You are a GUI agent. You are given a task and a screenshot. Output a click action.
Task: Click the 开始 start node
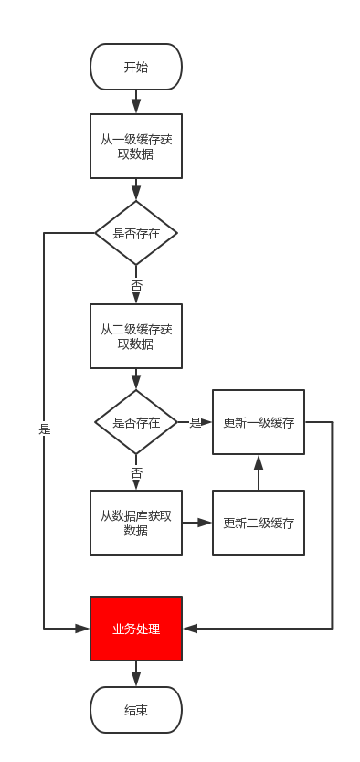(x=136, y=67)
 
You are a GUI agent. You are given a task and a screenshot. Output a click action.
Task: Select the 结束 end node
(x=136, y=710)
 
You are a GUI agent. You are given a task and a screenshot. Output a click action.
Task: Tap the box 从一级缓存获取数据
(x=136, y=146)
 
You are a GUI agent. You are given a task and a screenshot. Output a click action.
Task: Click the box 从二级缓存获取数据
(x=136, y=336)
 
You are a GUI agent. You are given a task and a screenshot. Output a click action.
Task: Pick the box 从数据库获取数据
(x=136, y=523)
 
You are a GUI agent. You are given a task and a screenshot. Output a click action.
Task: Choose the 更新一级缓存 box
(x=259, y=422)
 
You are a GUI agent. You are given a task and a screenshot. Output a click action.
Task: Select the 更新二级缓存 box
(x=259, y=523)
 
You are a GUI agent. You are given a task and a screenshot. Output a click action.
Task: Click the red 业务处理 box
(x=136, y=629)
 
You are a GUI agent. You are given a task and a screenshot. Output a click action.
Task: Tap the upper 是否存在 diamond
(x=136, y=233)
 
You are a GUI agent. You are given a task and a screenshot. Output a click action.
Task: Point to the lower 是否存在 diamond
(x=136, y=422)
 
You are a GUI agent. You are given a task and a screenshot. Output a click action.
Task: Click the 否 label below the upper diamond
(x=136, y=286)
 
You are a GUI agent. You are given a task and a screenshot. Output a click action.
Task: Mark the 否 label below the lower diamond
(x=136, y=473)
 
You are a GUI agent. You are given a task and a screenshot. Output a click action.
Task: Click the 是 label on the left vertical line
(x=44, y=428)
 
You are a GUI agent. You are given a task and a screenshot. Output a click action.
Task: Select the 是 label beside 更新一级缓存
(x=195, y=422)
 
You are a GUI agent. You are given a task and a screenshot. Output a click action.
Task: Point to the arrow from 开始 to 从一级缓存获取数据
(x=136, y=101)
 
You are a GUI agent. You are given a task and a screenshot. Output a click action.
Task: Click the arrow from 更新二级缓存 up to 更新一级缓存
(x=259, y=472)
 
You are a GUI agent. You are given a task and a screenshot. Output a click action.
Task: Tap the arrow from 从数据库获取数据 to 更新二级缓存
(x=197, y=523)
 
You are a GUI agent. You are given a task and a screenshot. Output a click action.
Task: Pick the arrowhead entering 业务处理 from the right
(x=188, y=629)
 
